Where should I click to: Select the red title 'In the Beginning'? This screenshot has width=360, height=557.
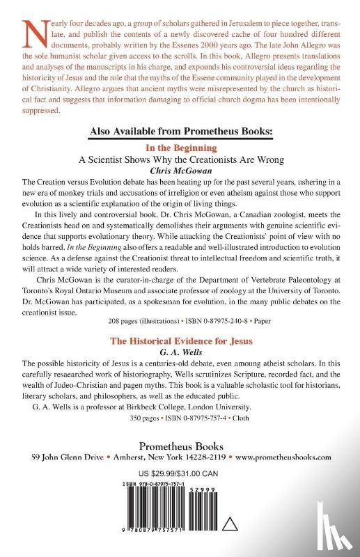(x=180, y=148)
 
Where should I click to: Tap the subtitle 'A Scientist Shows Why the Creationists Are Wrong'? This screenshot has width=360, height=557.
(x=180, y=159)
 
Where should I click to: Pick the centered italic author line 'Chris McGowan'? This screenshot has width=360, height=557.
(x=180, y=170)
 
